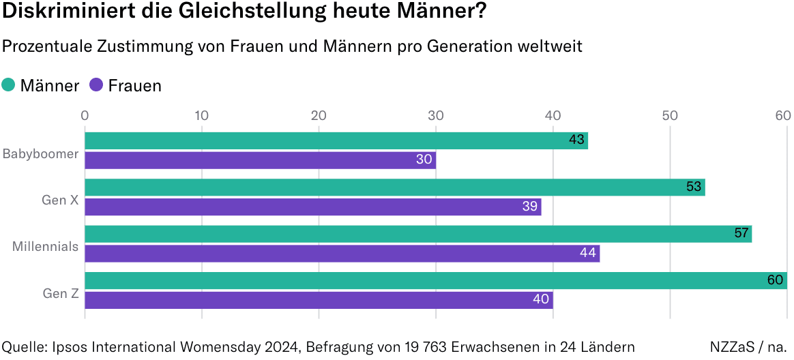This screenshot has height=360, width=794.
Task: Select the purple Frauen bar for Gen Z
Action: pyautogui.click(x=318, y=300)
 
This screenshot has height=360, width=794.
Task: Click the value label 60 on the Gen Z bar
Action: pyautogui.click(x=775, y=280)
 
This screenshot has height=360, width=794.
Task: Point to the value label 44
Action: pyautogui.click(x=587, y=253)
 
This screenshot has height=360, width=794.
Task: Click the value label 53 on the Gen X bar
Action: pyautogui.click(x=694, y=187)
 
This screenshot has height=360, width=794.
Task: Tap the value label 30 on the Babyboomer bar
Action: pyautogui.click(x=424, y=160)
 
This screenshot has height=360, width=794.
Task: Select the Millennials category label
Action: pyautogui.click(x=46, y=246)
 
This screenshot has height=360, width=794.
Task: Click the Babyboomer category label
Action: pyautogui.click(x=41, y=153)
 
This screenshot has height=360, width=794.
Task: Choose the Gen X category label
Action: pyautogui.click(x=61, y=200)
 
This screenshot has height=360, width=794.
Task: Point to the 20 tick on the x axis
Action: pyautogui.click(x=319, y=115)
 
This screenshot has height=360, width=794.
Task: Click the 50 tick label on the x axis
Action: pyautogui.click(x=670, y=115)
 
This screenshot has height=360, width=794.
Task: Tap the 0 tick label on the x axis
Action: pyautogui.click(x=85, y=115)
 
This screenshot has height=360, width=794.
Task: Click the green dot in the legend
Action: pyautogui.click(x=9, y=85)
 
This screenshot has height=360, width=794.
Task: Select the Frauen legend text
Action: pyautogui.click(x=134, y=85)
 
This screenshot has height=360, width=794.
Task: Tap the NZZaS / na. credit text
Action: pyautogui.click(x=748, y=346)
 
